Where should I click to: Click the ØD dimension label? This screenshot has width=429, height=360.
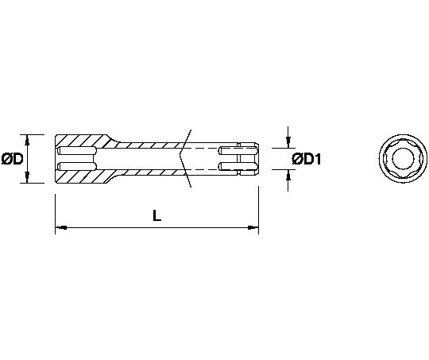[x=12, y=159]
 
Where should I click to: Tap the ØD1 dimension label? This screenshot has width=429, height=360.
[x=307, y=159]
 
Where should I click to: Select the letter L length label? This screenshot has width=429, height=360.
[x=157, y=215]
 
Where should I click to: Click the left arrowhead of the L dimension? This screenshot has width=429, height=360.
[x=60, y=227]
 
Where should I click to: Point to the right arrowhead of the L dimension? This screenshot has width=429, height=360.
[x=253, y=227]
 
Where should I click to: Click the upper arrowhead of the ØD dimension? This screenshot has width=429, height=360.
[x=27, y=140]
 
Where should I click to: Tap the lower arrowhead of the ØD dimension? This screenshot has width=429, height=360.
[x=27, y=177]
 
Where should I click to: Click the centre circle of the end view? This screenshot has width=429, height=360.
[x=403, y=157]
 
